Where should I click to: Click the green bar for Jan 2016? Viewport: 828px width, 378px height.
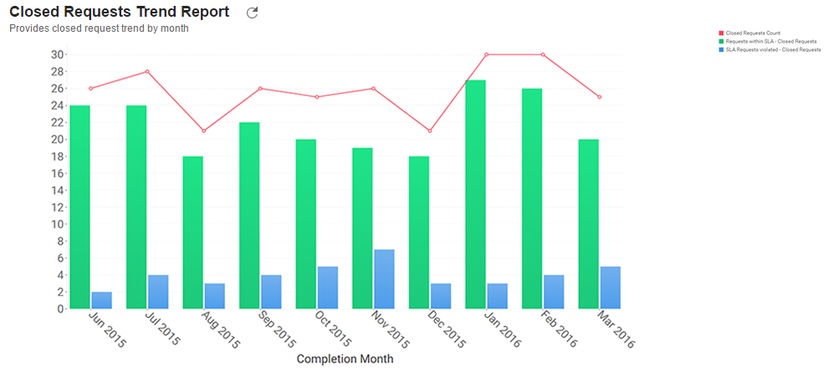coord(475,194)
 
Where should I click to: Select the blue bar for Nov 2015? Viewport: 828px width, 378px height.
coord(384,278)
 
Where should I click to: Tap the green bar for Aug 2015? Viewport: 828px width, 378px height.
coord(192,232)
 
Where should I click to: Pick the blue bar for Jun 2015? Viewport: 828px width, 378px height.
coord(101,299)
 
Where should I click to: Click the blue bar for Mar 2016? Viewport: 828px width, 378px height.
coord(610,287)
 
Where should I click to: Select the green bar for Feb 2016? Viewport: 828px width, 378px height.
coord(532,198)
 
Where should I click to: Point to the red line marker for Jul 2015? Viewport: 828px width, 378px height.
coord(147,71)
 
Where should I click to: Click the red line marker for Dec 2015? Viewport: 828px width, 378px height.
coord(429,130)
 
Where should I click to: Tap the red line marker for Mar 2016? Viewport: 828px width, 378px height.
coord(599,97)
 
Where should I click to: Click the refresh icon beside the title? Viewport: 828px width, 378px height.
coord(253,13)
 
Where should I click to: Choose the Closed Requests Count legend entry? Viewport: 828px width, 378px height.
coord(753,33)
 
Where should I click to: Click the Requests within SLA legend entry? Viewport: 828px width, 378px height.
coord(770,41)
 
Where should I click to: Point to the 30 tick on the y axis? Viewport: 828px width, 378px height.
coord(58,54)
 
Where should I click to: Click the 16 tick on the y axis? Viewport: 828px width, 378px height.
coord(58,173)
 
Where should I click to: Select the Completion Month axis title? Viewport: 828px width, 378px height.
coord(345,359)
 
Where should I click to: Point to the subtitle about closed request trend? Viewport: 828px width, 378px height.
coord(99,28)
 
